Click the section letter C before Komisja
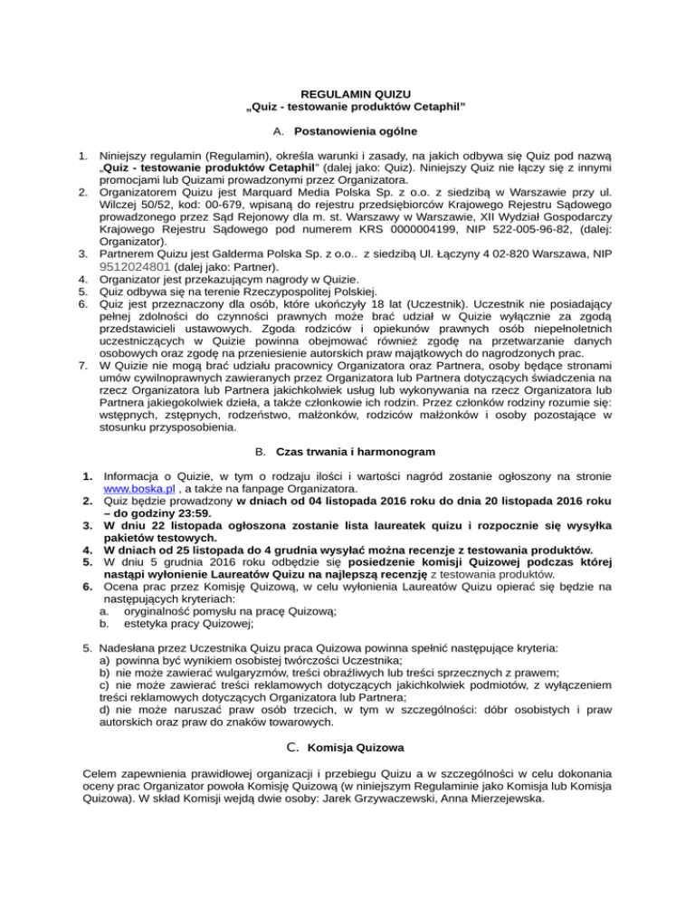[291, 748]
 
